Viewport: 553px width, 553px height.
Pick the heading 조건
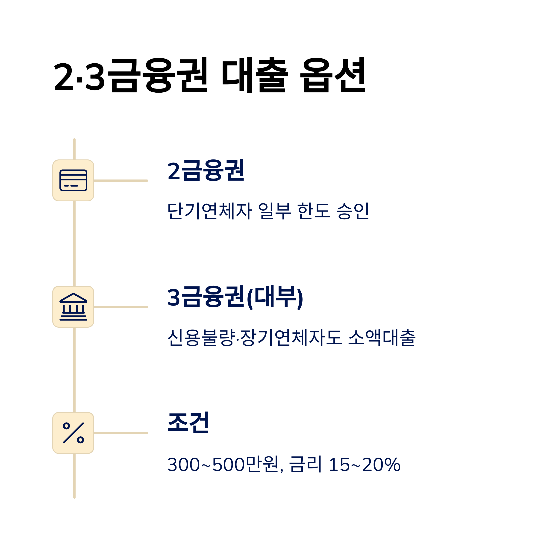[188, 423]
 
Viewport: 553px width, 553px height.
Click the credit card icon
[73, 181]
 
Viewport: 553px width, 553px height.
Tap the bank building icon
[73, 307]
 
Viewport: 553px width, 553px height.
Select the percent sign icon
[73, 433]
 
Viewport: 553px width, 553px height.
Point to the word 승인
[353, 211]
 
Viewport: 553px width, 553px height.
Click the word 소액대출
[382, 338]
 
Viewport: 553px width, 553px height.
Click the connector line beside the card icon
[121, 181]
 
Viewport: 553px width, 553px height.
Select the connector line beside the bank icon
[121, 307]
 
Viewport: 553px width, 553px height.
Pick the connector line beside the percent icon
[121, 433]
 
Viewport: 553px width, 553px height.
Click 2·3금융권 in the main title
[130, 75]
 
